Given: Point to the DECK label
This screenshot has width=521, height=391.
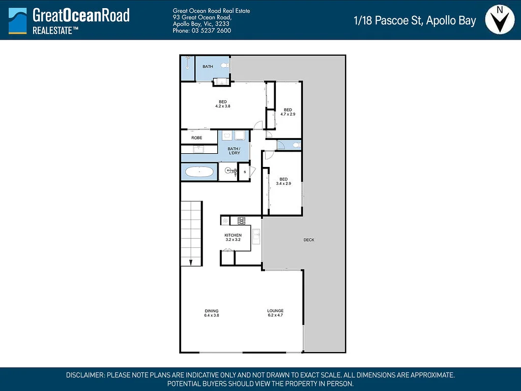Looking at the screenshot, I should point(308,240).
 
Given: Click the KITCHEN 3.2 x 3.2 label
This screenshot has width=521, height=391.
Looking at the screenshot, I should point(233,237).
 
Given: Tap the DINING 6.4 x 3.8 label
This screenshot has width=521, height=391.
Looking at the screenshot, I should point(212,313).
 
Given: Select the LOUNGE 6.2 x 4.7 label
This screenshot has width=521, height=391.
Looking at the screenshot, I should point(275,313).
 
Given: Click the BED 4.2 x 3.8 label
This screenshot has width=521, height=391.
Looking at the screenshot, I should point(223,104).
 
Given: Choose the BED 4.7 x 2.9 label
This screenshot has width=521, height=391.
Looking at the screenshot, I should point(288,112).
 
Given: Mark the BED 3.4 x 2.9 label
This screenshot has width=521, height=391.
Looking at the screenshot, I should point(283,181).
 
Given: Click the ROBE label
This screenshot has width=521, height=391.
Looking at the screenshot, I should point(197,138).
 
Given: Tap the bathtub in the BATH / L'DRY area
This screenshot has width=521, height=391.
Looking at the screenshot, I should point(199,172).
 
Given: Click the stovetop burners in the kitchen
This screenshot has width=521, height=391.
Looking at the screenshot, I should point(241,220).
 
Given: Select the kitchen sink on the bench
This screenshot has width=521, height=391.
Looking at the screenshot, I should point(256,236).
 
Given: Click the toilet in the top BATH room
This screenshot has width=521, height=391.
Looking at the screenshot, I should point(225,65).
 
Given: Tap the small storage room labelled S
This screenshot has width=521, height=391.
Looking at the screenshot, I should point(245,172).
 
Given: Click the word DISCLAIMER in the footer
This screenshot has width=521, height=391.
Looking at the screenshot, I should point(85,375).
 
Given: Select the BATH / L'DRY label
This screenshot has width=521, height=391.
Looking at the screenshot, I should point(234,151).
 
